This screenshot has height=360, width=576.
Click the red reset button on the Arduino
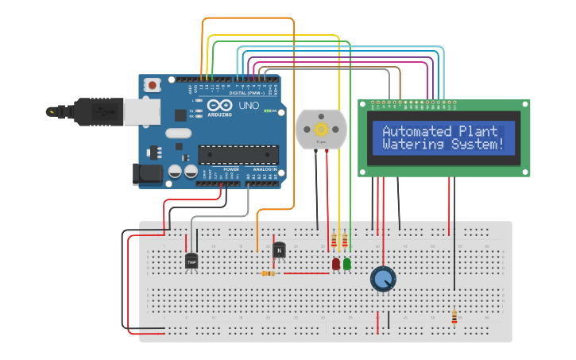tap(152, 83)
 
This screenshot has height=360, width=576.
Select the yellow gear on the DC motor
tap(322, 129)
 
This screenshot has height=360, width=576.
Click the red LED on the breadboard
tap(336, 263)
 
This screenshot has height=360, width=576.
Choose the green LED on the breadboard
tap(347, 263)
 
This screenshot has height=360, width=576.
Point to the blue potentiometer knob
tap(383, 279)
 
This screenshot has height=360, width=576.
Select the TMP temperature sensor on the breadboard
tap(191, 261)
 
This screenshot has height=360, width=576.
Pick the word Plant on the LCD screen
tap(479, 131)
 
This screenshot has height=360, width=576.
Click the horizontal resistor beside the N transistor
tap(269, 273)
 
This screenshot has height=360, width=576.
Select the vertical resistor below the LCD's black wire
tap(454, 317)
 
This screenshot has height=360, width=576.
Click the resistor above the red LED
tap(334, 242)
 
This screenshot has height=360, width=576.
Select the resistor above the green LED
tap(345, 242)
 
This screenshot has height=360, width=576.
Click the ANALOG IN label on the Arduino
tap(264, 169)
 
